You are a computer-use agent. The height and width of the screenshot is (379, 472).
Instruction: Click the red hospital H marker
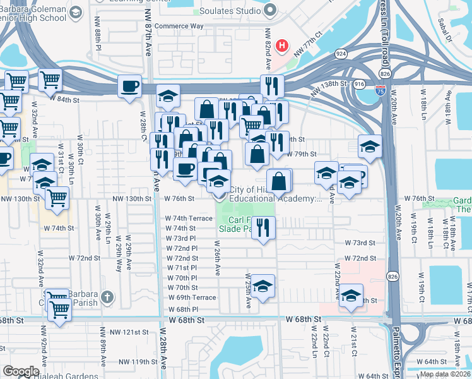[282, 47]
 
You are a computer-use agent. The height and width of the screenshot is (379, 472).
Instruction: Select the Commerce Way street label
[179, 27]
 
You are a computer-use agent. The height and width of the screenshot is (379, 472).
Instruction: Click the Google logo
[21, 371]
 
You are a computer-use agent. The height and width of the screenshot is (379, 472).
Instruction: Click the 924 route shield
[341, 54]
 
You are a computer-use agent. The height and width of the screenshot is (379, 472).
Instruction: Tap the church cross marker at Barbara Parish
[108, 296]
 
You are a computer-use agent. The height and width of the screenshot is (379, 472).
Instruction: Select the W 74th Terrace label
[189, 218]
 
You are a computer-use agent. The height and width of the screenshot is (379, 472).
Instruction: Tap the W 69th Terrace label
[192, 298]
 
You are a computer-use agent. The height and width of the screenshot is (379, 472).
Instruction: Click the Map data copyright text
[445, 374]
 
